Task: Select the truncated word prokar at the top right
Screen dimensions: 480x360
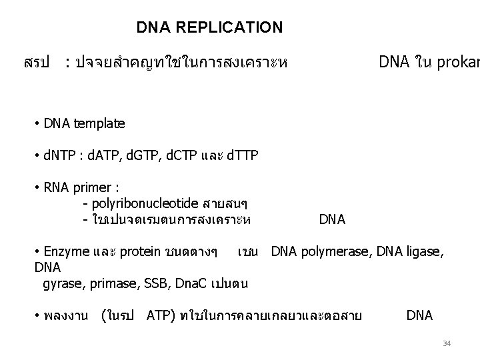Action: click(459, 63)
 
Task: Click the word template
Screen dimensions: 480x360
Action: click(99, 123)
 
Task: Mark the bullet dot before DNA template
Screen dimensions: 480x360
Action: click(36, 124)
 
